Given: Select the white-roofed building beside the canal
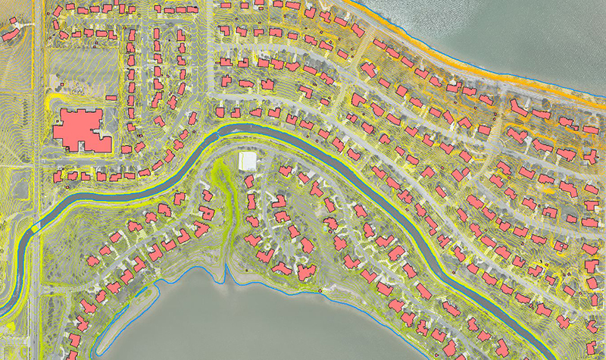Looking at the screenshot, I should coord(247,161).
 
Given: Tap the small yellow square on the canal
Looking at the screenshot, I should coord(35,227).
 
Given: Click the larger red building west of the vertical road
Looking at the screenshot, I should coord(11,34).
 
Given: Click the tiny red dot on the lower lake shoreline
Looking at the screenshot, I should coord(321,290).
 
